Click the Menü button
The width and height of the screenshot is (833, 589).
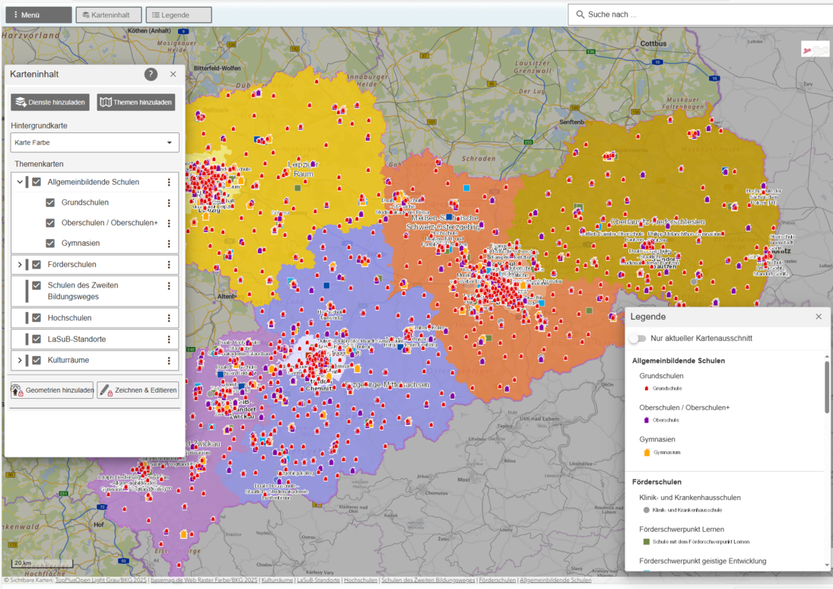[x=38, y=15]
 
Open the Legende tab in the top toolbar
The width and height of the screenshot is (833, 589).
[x=178, y=15]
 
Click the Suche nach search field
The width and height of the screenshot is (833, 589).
[x=700, y=14]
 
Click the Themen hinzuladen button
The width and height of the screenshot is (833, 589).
[x=136, y=102]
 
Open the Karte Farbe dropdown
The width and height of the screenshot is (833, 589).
[x=95, y=142]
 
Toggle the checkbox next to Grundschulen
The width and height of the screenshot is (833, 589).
[x=50, y=202]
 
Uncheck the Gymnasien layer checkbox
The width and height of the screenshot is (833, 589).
[x=50, y=244]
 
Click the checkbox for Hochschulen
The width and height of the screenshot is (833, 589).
[x=37, y=318]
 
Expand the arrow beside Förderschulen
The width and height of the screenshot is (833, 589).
[x=20, y=265]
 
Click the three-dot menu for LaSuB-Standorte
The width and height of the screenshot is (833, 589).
[x=169, y=339]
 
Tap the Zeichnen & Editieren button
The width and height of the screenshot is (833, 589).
[x=138, y=390]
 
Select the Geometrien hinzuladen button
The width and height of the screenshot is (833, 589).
[x=52, y=390]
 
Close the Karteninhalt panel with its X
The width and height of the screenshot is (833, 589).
[x=173, y=74]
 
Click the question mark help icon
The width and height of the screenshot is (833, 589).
[x=151, y=74]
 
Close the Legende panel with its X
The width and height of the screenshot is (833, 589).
[x=819, y=317]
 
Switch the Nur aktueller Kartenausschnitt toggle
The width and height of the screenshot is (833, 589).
[x=637, y=338]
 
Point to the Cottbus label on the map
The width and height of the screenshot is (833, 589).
[x=653, y=44]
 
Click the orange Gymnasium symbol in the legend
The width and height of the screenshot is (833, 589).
[x=647, y=453]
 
